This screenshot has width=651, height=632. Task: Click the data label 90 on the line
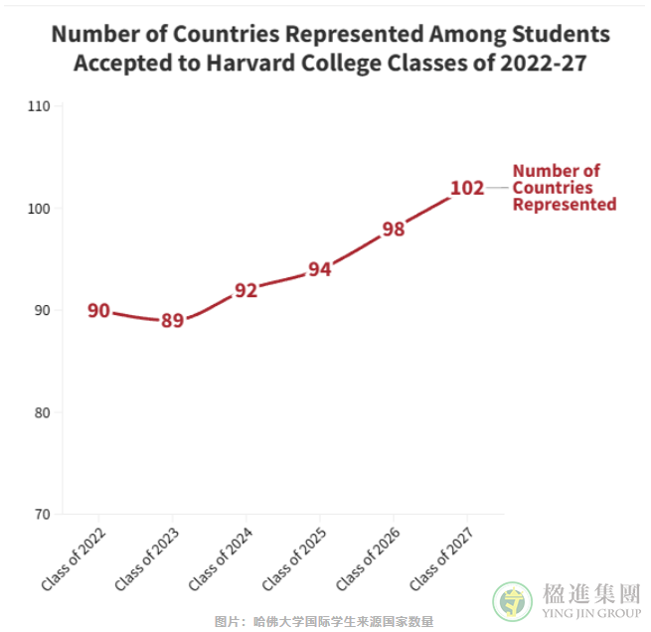point(98,311)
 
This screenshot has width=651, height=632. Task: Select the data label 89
point(172,321)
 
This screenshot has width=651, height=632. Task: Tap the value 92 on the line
point(245,290)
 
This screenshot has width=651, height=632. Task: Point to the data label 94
point(319,269)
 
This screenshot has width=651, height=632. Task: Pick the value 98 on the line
point(394,230)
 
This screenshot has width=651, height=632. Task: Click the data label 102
point(466,188)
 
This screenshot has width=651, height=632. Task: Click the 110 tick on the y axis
point(39,106)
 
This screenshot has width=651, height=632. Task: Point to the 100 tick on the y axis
point(39,209)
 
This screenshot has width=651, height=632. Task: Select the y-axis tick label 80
point(42,412)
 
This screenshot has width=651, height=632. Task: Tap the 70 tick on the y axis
point(42,515)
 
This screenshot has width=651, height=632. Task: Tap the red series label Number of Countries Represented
point(564,188)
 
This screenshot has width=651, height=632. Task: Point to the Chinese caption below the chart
point(324,622)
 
